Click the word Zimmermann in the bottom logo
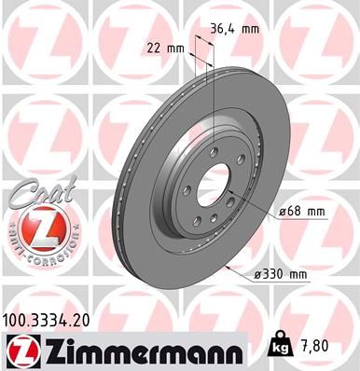[136, 349]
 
